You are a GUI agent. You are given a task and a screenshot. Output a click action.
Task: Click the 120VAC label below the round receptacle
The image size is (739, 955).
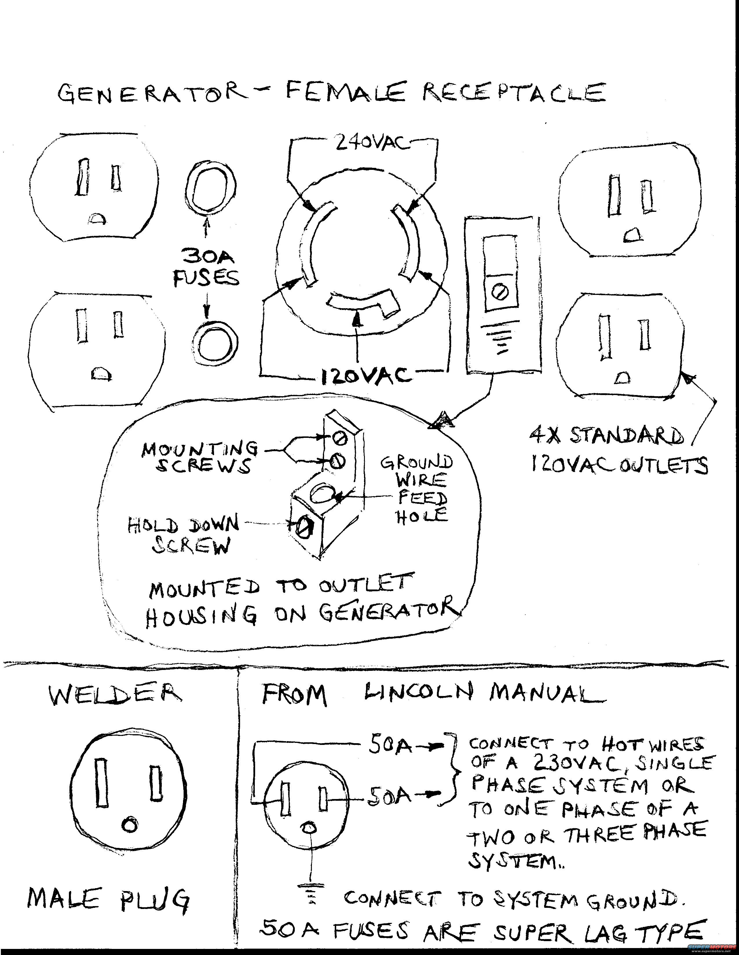point(366,375)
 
